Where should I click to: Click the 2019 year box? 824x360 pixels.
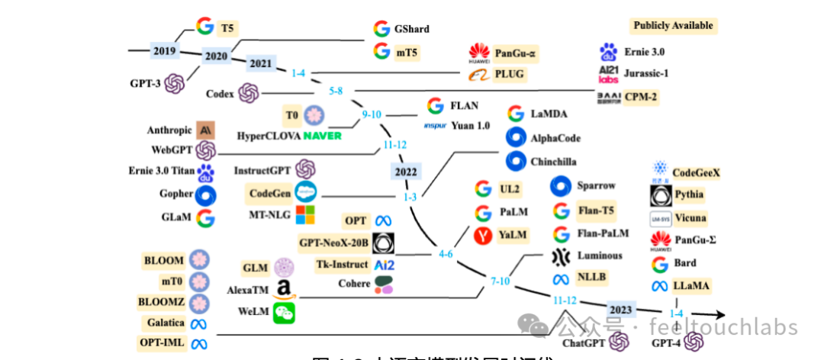164,51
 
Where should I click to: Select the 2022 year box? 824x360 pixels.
405,172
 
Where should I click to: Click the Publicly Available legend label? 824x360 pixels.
673,25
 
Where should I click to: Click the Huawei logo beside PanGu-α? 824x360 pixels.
478,53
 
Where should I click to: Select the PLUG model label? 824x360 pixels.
510,74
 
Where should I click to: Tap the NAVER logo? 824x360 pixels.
323,136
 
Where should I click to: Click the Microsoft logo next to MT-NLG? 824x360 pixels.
305,214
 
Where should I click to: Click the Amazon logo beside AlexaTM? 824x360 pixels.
283,290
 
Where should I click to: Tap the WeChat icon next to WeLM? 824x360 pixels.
284,312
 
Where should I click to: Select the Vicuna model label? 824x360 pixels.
690,217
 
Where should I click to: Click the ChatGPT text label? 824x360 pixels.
584,342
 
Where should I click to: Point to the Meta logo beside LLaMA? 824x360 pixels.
660,286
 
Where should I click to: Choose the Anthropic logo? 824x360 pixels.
205,130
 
